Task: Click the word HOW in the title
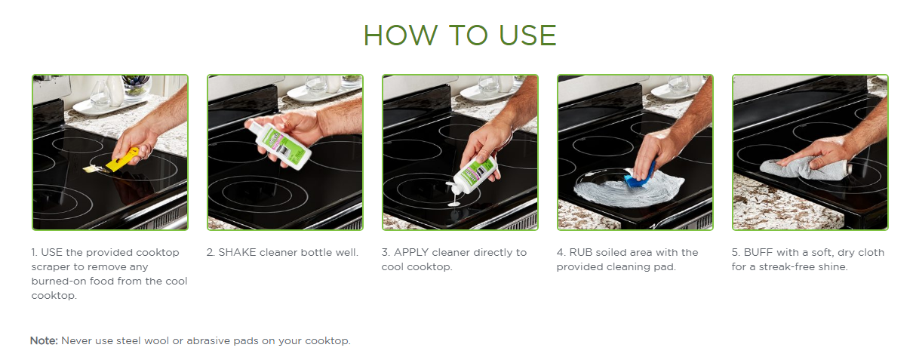pos(401,35)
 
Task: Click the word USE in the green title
pos(527,35)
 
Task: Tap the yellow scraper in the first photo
pos(118,160)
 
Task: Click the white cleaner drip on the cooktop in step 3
pos(454,202)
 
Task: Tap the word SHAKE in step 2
pos(237,252)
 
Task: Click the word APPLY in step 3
pos(411,252)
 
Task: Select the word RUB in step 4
pos(581,252)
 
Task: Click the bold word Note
pos(45,341)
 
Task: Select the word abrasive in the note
pos(208,341)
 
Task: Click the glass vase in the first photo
pos(100,95)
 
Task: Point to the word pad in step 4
pos(665,267)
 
